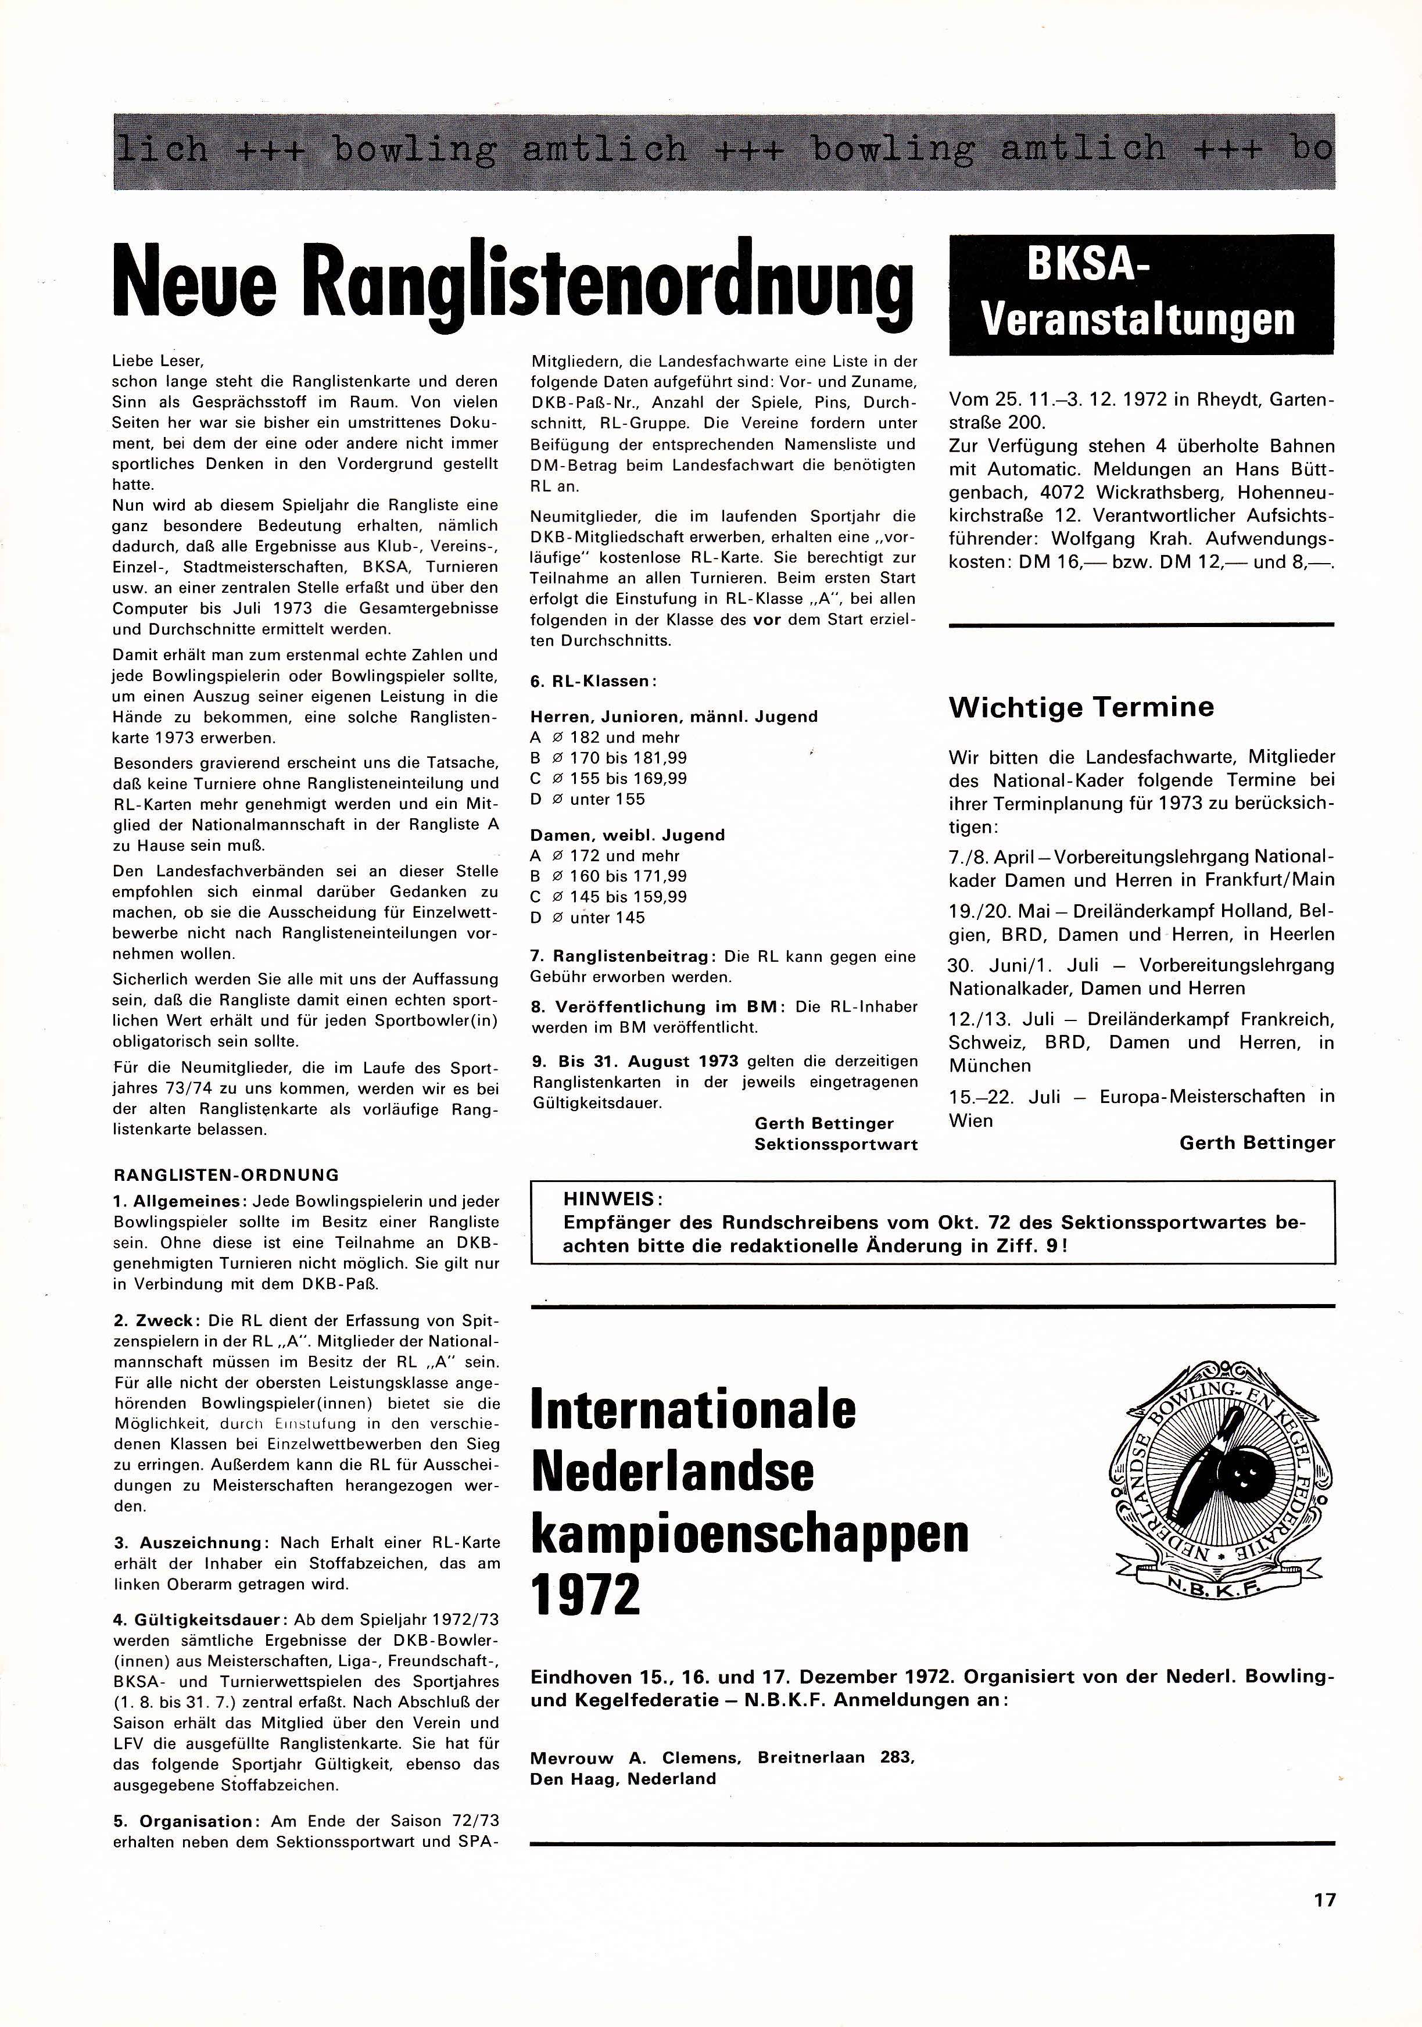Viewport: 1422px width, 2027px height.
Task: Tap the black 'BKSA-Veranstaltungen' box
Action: (x=1140, y=294)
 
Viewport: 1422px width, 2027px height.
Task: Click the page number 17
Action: (x=1324, y=1899)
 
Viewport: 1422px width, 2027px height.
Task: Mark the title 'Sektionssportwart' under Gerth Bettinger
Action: (x=835, y=1144)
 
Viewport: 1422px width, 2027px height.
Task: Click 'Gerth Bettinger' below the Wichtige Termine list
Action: (x=1256, y=1143)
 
